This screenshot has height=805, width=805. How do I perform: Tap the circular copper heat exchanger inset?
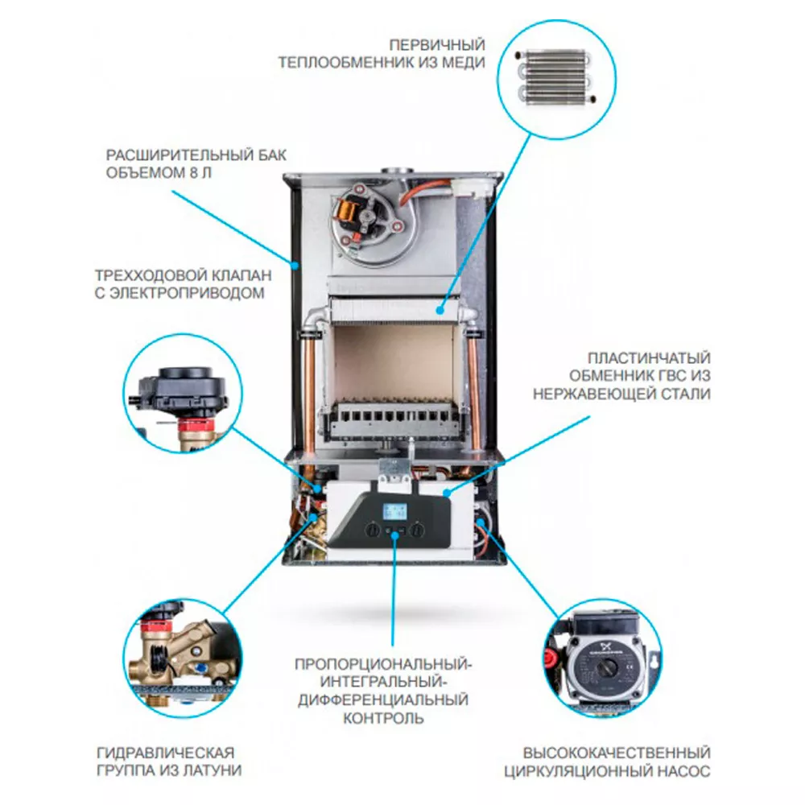(555, 76)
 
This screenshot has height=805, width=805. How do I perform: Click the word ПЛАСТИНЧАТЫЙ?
(649, 358)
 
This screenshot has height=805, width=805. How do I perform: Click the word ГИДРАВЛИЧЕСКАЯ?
(165, 753)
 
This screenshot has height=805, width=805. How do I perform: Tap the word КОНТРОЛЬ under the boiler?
(382, 717)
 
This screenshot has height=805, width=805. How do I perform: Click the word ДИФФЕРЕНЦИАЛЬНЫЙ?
(383, 700)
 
